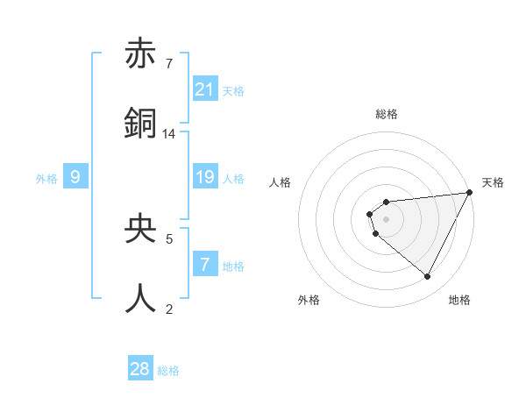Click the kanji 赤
[141, 56]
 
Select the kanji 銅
[141, 123]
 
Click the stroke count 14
[169, 134]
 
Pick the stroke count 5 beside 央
[169, 238]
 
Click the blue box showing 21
[205, 89]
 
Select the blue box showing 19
[205, 178]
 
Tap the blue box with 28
[140, 370]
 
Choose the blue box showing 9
[75, 178]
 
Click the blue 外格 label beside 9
[46, 179]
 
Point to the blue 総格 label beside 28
[168, 371]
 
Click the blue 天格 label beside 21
[233, 90]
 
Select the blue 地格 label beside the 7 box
[233, 266]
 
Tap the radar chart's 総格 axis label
[386, 114]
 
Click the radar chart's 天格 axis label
[493, 182]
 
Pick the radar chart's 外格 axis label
[309, 300]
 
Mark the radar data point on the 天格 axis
[470, 193]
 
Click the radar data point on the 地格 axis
[428, 277]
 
